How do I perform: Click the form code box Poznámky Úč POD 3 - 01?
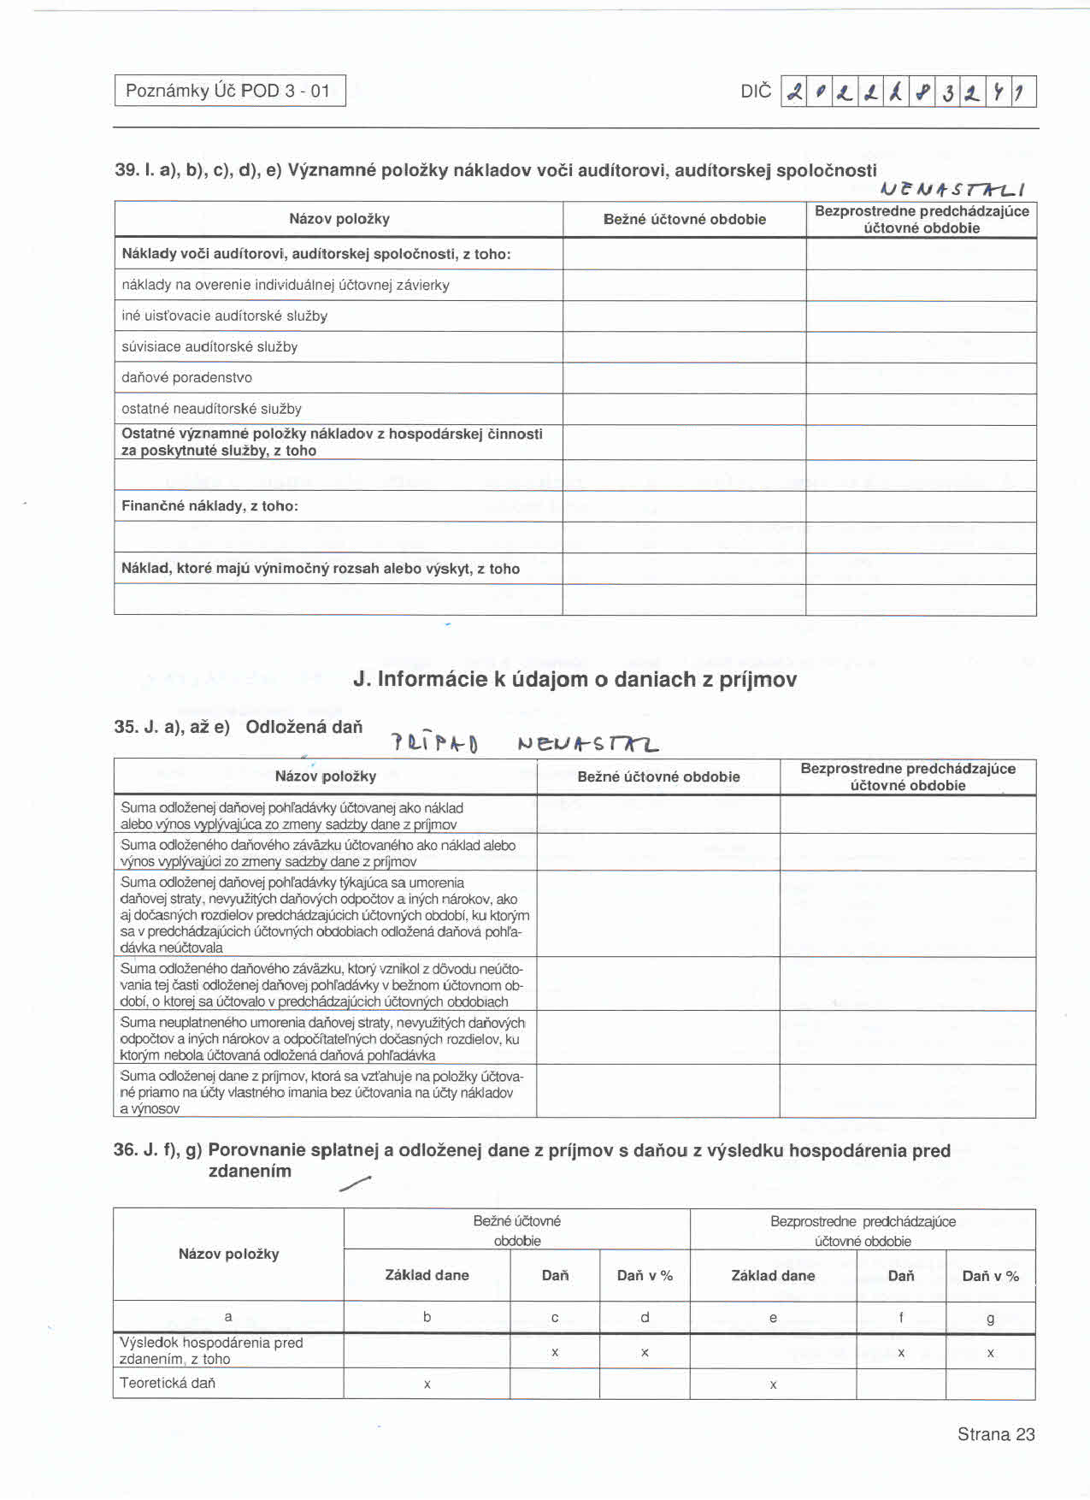click(230, 91)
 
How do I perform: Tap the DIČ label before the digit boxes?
click(756, 92)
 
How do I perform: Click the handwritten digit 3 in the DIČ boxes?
click(948, 92)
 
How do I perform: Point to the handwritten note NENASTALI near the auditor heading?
click(952, 189)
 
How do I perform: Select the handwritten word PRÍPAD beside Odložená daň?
click(434, 743)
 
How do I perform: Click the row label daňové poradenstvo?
click(186, 377)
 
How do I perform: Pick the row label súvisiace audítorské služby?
click(209, 346)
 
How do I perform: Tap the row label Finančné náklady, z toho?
click(209, 505)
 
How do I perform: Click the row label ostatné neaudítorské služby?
click(211, 409)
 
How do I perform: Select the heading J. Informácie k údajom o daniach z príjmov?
click(574, 679)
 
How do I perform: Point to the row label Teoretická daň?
click(168, 1383)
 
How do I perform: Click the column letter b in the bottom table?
click(427, 1317)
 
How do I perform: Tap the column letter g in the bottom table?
click(990, 1318)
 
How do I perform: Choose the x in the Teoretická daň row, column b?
click(427, 1384)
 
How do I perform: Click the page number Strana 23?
click(995, 1434)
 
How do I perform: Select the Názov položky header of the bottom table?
click(228, 1254)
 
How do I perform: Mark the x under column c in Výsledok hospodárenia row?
click(555, 1352)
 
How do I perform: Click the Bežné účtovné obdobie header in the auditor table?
click(684, 219)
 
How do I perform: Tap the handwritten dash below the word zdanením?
click(355, 1184)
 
